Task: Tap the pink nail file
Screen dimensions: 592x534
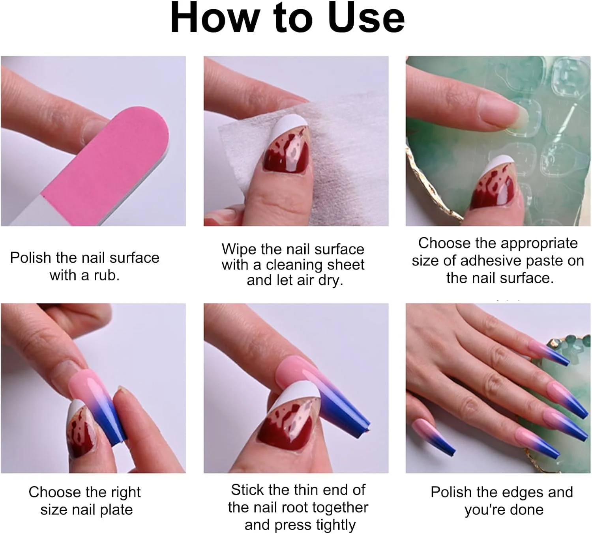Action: tap(106, 165)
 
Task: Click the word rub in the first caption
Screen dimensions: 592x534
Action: tap(106, 275)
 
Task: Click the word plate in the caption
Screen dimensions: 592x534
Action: tap(116, 510)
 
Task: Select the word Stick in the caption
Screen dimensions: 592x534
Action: tap(247, 490)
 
